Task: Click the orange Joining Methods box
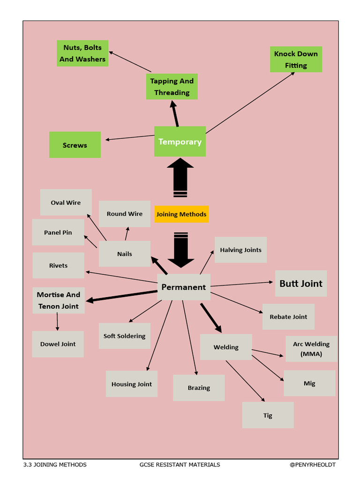pos(181,214)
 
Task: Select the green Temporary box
pos(180,142)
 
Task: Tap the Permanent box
pos(184,287)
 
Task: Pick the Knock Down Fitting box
pos(296,60)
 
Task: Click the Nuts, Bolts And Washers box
pos(82,53)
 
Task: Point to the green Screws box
pos(75,145)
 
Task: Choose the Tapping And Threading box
pos(172,87)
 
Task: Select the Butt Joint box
pos(301,283)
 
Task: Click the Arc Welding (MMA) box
pos(311,349)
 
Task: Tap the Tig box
pos(268,415)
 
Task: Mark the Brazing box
pos(199,388)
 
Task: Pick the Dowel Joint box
pos(58,344)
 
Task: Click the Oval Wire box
pos(66,202)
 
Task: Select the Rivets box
pos(58,265)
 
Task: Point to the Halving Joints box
pos(240,250)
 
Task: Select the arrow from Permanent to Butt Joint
pos(242,284)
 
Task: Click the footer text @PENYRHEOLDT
pos(313,465)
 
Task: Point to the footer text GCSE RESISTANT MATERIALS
pos(180,465)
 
